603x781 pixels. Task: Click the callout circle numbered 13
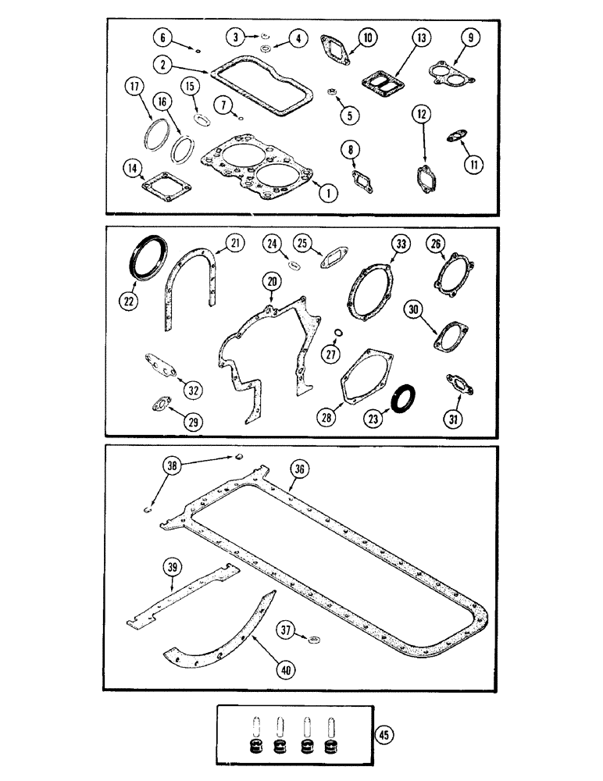tap(422, 38)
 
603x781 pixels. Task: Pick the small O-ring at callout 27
tap(336, 334)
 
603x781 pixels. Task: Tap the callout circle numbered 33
tap(401, 246)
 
